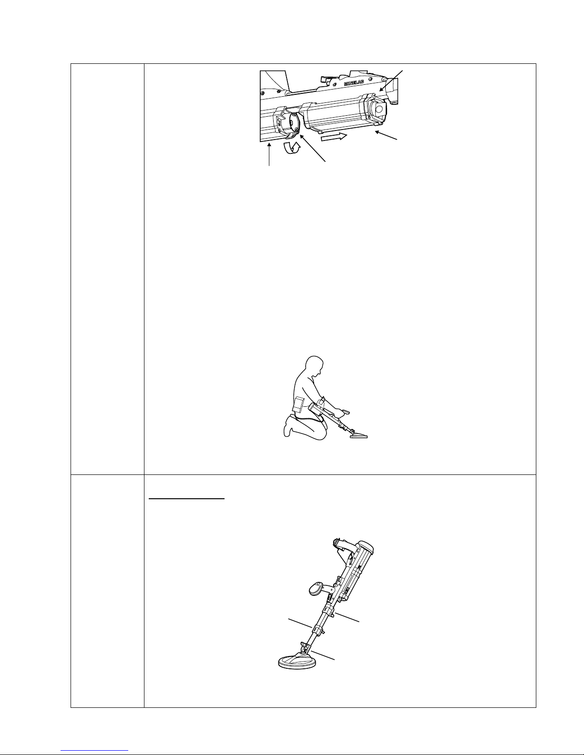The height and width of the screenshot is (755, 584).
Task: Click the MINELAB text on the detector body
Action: click(354, 82)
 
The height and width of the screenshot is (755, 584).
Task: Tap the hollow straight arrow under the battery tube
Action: click(334, 137)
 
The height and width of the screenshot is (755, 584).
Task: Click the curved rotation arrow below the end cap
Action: click(292, 148)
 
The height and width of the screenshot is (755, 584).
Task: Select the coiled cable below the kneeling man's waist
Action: click(309, 419)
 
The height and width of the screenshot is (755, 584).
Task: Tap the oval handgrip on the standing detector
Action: click(317, 588)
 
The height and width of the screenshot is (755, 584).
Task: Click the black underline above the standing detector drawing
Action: click(187, 499)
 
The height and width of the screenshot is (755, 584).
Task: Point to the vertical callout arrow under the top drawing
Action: click(269, 155)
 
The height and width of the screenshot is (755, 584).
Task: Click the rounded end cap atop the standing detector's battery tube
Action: click(366, 548)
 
